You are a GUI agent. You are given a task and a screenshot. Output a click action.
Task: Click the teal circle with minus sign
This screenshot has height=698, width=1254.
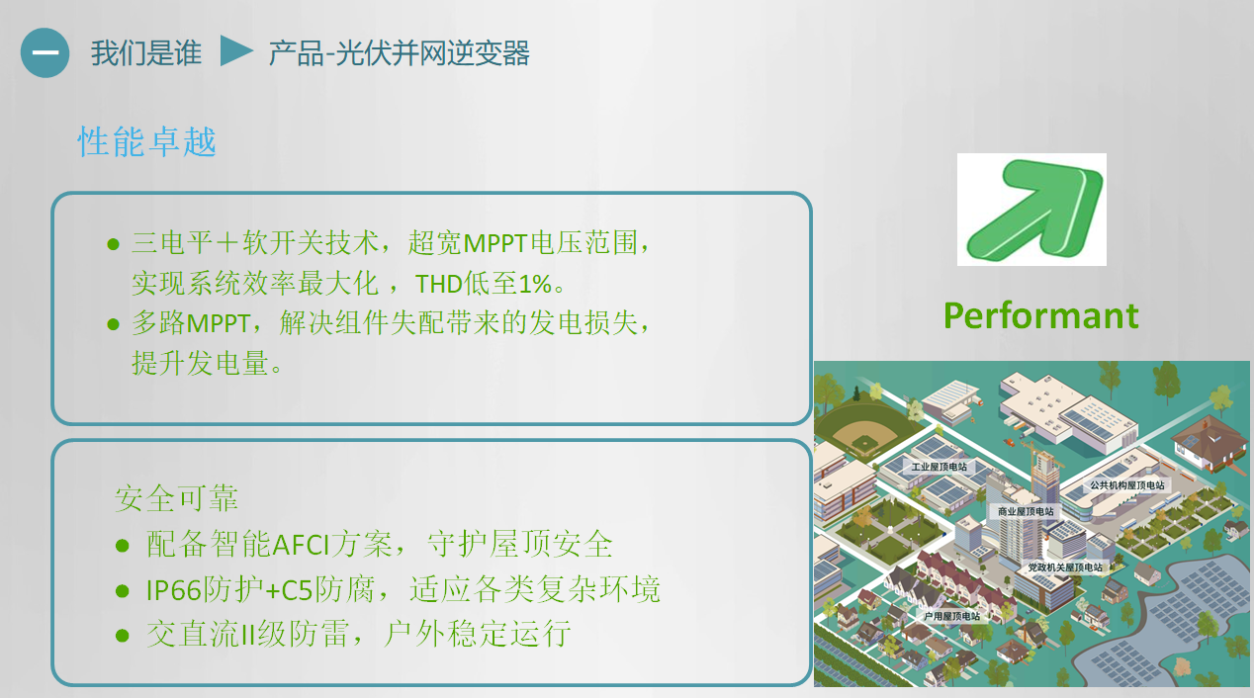(x=45, y=52)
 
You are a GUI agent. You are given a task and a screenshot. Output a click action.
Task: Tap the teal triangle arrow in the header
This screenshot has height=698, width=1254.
(x=236, y=51)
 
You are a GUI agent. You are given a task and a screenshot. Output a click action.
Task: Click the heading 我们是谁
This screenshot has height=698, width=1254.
(x=146, y=53)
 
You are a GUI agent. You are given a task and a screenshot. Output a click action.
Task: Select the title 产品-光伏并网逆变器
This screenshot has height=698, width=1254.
(x=399, y=53)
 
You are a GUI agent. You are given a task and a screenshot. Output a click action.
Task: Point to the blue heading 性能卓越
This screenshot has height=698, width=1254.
(x=146, y=141)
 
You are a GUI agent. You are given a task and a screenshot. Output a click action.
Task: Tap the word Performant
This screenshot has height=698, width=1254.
(x=1040, y=315)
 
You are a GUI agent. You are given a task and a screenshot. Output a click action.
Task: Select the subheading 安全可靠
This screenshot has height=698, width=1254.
(x=176, y=498)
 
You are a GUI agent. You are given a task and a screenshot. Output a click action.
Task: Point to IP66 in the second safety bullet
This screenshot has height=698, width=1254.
(x=173, y=590)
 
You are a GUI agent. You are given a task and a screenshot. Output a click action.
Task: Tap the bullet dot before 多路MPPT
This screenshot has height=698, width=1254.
(x=113, y=324)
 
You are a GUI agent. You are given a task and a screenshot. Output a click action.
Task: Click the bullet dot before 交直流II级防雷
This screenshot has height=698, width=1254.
(x=122, y=636)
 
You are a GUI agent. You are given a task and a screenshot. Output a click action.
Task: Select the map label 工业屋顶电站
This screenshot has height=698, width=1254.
(x=939, y=467)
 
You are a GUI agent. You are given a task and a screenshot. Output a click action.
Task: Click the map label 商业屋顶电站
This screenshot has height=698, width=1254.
(x=1026, y=511)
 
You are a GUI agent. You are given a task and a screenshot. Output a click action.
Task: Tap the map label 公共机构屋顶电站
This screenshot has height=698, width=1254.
(x=1127, y=485)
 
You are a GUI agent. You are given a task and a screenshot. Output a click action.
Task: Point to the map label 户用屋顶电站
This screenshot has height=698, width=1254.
(x=951, y=616)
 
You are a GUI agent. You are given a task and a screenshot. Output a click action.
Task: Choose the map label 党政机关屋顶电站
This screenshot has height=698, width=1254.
(x=1065, y=567)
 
